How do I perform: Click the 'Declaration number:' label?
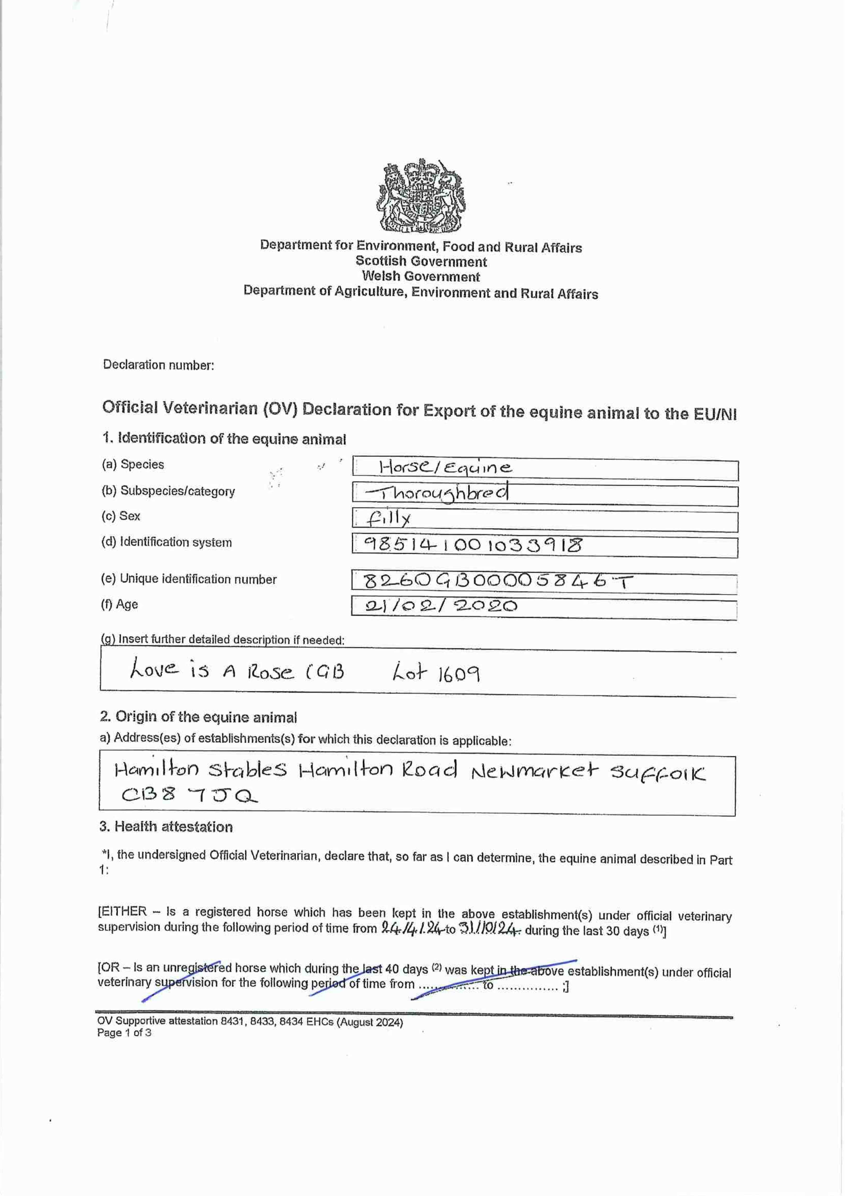(158, 365)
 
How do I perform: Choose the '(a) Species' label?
(133, 464)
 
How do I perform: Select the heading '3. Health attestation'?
(166, 827)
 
